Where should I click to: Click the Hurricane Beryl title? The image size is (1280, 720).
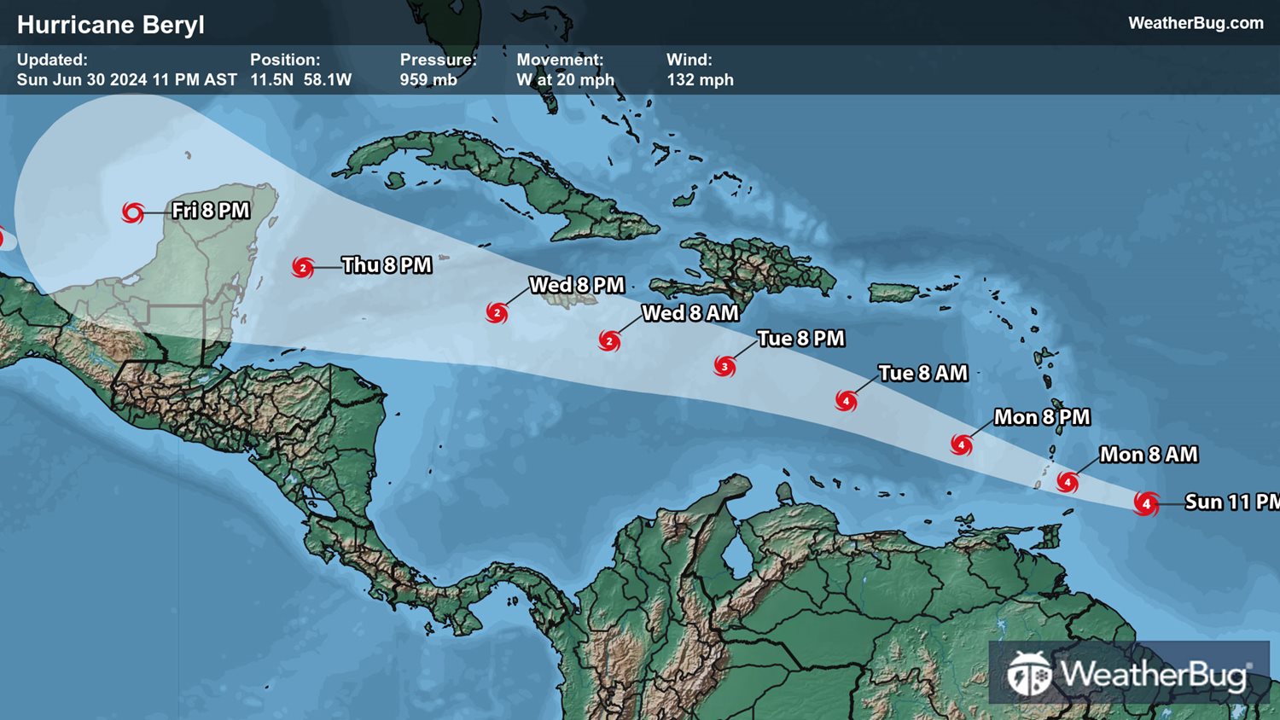coord(111,25)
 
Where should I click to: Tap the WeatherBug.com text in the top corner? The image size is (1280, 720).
coord(1196,23)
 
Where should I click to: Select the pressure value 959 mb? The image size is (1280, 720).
coord(428,79)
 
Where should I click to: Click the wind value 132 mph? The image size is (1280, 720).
coord(700,79)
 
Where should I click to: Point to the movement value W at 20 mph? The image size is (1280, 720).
coord(565,79)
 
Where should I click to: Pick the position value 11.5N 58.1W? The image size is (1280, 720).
coord(300,79)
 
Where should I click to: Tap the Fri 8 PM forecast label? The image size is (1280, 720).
coord(211,211)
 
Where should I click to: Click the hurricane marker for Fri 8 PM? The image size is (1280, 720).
coord(132,212)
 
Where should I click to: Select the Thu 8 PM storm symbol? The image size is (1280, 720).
coord(302,267)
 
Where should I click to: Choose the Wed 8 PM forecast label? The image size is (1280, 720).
coord(577,285)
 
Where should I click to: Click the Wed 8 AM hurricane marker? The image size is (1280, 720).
coord(609,341)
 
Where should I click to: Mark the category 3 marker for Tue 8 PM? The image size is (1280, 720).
coord(724,367)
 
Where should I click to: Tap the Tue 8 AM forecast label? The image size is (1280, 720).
coord(922,374)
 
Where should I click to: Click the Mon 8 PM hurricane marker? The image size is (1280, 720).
coord(962,444)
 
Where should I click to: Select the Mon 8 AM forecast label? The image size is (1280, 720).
coord(1149,455)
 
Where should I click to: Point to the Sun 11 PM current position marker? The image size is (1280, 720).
coord(1146,503)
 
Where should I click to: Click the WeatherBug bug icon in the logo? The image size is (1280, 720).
coord(1028,674)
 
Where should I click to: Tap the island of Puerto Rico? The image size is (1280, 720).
coord(893,292)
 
